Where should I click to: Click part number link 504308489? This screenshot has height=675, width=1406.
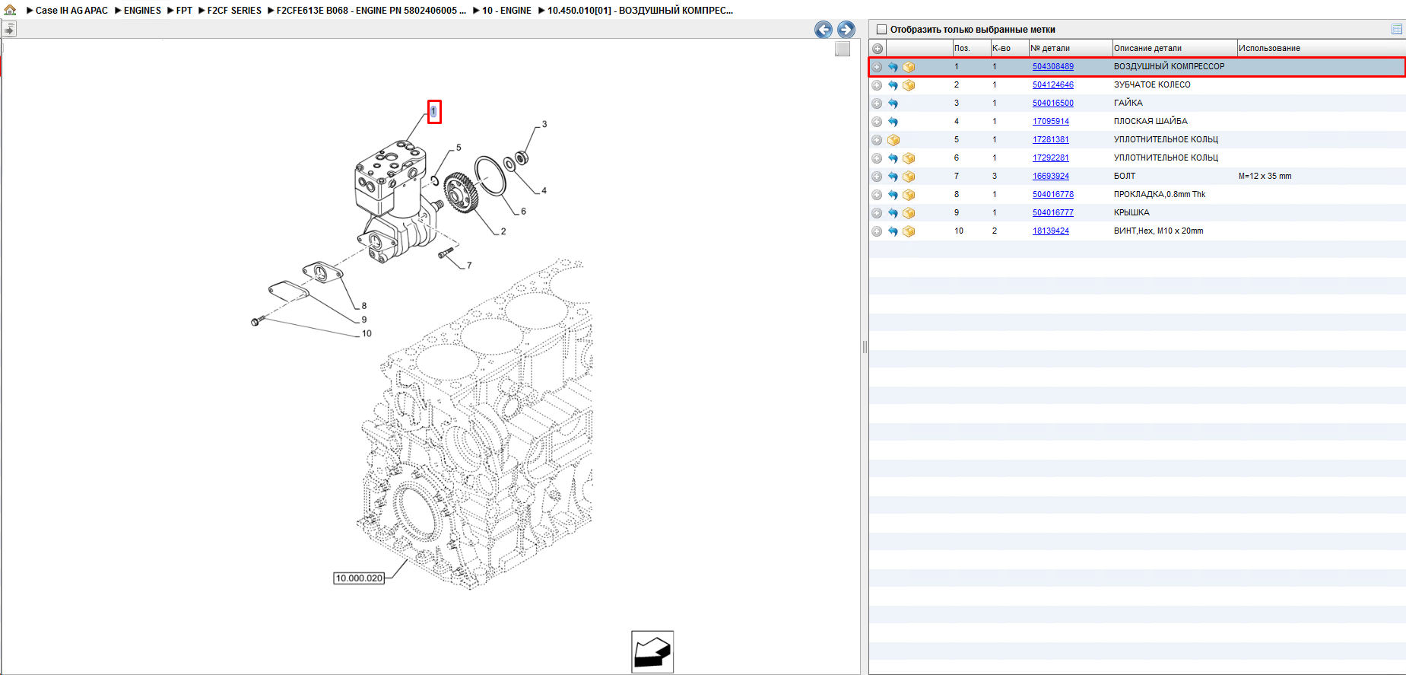1052,67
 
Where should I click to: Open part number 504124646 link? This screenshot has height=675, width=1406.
1052,85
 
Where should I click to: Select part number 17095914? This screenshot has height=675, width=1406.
1050,122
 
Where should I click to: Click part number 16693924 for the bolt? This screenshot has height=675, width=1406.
1050,177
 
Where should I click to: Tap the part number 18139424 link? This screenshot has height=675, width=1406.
1050,231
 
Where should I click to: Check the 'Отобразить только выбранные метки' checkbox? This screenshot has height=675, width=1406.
882,30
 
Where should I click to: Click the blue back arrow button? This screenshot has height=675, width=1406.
823,30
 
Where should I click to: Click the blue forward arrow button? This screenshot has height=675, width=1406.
846,30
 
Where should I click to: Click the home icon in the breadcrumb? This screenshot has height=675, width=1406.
10,10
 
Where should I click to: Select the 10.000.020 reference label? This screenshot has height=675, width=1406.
359,578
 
